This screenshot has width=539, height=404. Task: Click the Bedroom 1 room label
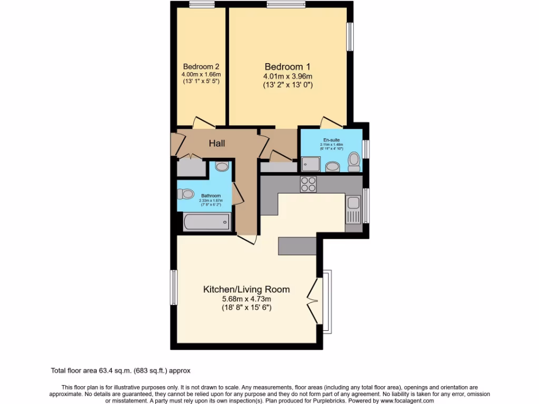(287, 67)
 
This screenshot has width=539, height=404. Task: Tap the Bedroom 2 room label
(201, 67)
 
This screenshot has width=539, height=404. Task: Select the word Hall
(217, 143)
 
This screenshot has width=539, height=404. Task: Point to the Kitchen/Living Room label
(246, 289)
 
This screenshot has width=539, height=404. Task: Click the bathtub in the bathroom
(207, 222)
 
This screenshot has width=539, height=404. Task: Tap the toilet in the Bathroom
(186, 194)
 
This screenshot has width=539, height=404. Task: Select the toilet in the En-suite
(354, 161)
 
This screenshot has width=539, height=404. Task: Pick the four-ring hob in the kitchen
(308, 184)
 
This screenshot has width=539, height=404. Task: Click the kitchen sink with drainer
(353, 208)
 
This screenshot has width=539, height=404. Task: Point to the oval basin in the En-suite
(333, 167)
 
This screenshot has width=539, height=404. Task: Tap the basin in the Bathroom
(222, 167)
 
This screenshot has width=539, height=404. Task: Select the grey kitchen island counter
(297, 245)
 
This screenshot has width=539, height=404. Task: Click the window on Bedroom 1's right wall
(350, 37)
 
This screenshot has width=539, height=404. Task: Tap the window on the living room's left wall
(173, 287)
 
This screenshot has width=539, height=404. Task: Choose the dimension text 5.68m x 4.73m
(246, 299)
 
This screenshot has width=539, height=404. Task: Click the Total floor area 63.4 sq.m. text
(124, 370)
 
